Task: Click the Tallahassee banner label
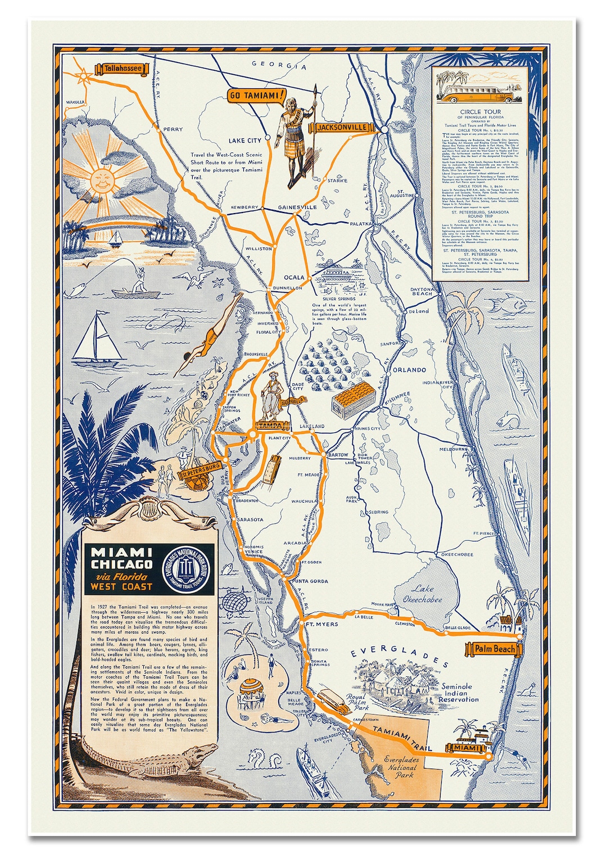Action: (x=123, y=69)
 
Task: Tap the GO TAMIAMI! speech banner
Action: (x=256, y=96)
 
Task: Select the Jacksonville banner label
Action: (x=342, y=128)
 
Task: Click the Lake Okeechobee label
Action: (x=422, y=594)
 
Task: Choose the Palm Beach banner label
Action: (x=494, y=649)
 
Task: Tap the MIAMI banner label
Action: (x=467, y=748)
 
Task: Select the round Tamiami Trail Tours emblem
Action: (x=185, y=568)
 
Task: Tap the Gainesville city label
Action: (x=297, y=207)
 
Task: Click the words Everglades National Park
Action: (x=401, y=767)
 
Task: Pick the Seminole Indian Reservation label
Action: (x=459, y=693)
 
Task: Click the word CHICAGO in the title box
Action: (x=121, y=564)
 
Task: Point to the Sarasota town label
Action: (x=250, y=519)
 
